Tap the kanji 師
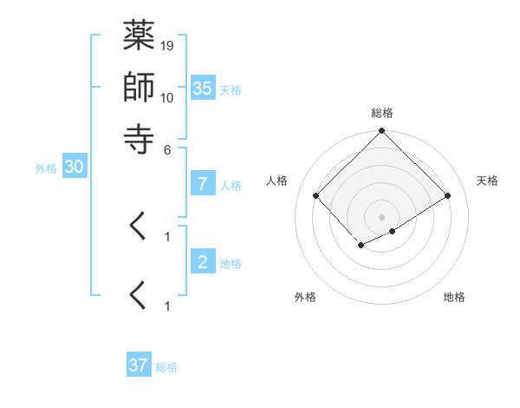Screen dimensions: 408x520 tap(140, 87)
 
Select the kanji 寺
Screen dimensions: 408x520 tap(140, 137)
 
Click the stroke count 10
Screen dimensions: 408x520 tap(167, 97)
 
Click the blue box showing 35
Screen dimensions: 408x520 tap(202, 88)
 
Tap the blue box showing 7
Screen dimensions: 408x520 tap(202, 184)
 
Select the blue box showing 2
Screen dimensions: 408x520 tap(202, 262)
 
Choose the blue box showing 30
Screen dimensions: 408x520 tap(74, 168)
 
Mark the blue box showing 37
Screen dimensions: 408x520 tap(139, 365)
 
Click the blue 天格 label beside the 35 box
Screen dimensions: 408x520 tap(231, 89)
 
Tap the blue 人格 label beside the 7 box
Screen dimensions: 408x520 tap(231, 186)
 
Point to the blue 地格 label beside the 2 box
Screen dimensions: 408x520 tap(231, 264)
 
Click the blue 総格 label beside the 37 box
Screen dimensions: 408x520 tap(167, 367)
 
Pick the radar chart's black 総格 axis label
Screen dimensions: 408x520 tap(382, 113)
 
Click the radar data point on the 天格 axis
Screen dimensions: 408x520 tap(448, 196)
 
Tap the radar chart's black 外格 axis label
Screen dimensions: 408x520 tap(305, 298)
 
